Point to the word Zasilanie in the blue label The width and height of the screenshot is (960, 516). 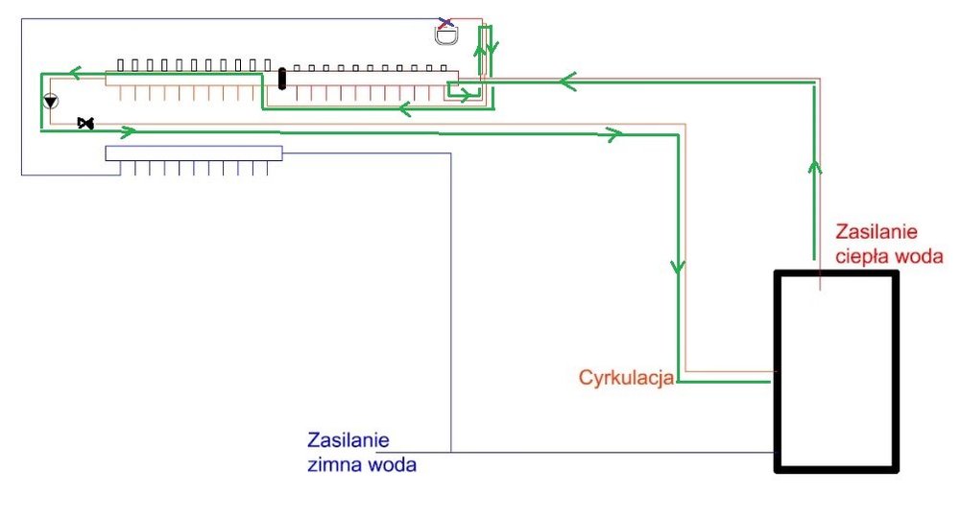coord(348,441)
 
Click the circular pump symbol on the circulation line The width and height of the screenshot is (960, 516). coord(50,101)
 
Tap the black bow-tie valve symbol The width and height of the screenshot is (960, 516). coord(85,124)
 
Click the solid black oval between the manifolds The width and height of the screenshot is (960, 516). coord(282,78)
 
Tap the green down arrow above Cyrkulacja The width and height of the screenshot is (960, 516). coord(679,264)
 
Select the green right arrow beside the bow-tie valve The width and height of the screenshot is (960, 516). coord(127,129)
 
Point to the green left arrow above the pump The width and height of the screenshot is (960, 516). coord(73,71)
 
